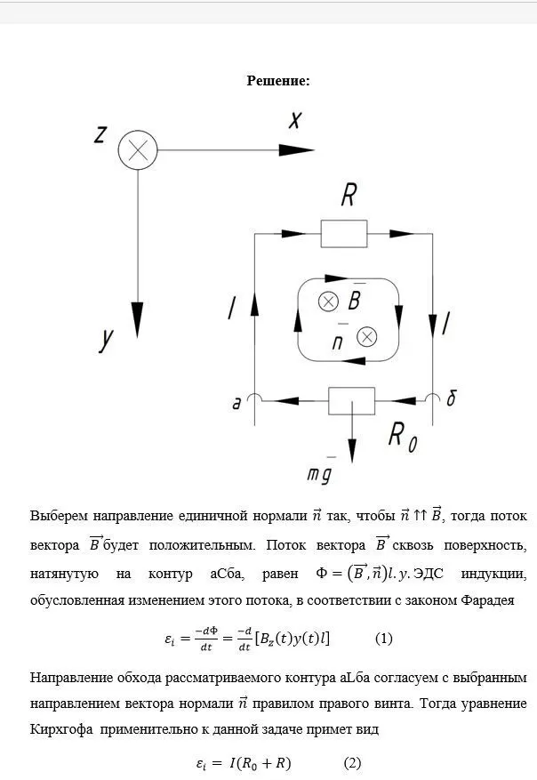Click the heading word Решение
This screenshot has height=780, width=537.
click(277, 81)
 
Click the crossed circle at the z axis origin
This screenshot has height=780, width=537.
click(138, 150)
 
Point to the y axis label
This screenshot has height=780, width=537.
click(108, 339)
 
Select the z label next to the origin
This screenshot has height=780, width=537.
click(100, 134)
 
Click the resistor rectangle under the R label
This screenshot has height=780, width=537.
click(343, 234)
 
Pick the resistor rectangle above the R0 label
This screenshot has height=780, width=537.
click(352, 400)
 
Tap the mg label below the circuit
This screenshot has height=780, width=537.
click(319, 475)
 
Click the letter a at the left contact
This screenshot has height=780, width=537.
click(236, 404)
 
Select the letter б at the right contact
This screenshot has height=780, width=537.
click(452, 399)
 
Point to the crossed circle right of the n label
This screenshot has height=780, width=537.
click(366, 336)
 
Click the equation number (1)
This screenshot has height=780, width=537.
click(384, 638)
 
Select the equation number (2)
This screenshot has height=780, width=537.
click(353, 762)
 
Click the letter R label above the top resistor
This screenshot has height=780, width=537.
click(349, 195)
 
